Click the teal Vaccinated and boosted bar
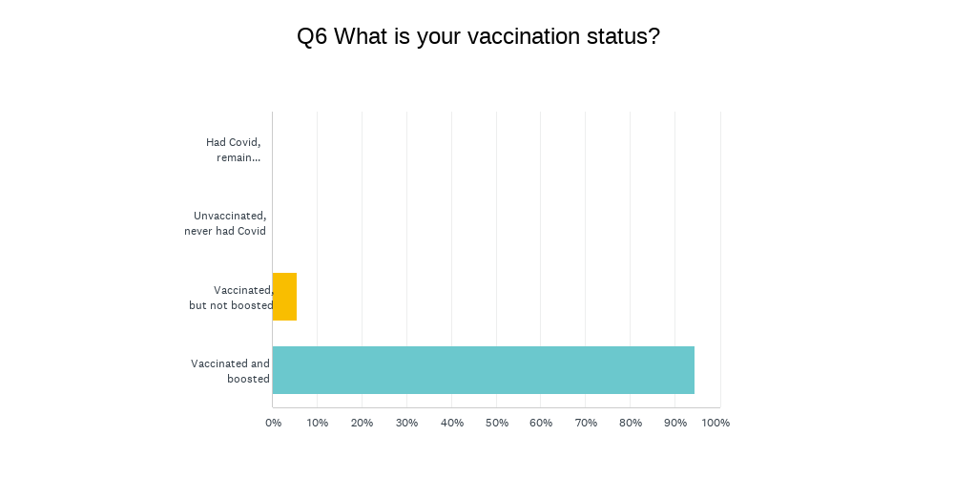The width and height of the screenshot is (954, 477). point(484,370)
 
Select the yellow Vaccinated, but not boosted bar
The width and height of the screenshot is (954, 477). point(284,297)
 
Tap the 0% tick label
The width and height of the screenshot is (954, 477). point(273,423)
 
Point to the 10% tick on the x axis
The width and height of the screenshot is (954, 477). point(317,423)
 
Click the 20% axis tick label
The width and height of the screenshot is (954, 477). point(362,423)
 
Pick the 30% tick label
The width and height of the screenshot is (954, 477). point(406,423)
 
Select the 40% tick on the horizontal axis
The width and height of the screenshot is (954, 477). point(451,423)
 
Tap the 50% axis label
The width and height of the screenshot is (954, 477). point(496,423)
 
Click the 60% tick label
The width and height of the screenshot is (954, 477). point(541,423)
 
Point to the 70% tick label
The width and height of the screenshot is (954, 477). point(586,423)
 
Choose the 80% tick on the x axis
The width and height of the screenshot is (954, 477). point(631,423)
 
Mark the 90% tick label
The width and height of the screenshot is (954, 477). point(675,423)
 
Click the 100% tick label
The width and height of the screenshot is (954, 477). point(716,423)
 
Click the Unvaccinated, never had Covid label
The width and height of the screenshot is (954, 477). point(225,223)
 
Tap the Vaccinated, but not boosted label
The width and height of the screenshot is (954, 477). point(231,298)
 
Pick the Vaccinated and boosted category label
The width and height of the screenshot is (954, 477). point(230,371)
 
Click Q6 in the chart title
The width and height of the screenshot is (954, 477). point(312,37)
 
